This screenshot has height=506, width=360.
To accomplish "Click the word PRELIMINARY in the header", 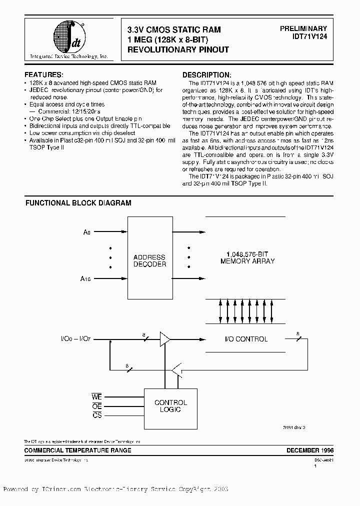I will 303,29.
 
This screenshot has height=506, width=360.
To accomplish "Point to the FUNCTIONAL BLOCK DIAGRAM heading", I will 78,203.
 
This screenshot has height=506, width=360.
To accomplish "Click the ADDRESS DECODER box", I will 149,260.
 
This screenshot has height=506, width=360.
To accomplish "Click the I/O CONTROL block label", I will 245,339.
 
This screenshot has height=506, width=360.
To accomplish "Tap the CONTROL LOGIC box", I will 170,405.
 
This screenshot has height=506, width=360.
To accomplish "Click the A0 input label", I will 87,232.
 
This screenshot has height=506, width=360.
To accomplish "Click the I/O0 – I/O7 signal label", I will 75,339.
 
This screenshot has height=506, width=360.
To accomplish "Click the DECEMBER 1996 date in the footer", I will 306,450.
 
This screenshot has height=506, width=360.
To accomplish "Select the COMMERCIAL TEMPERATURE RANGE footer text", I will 78,450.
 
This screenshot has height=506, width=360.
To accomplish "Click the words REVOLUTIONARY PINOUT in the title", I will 178,49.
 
